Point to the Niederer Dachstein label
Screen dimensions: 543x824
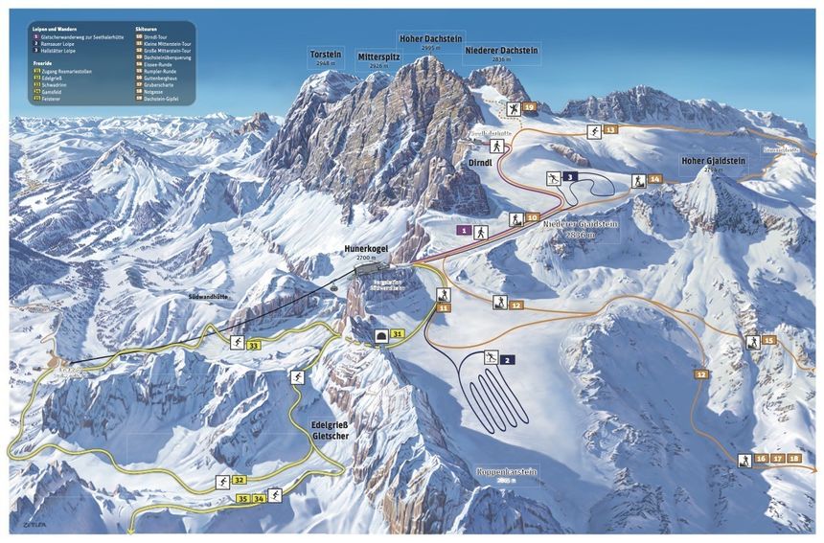coord(500,50)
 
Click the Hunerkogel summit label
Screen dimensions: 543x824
coord(367,250)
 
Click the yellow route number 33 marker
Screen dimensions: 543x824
coord(254,345)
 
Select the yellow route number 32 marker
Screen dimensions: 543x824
coord(240,480)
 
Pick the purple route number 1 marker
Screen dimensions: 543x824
coord(463,231)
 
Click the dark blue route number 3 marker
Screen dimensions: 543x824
coord(570,177)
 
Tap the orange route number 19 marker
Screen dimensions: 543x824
coord(530,108)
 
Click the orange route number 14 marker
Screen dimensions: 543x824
coord(655,178)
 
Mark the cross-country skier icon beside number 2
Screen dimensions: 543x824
coord(491,358)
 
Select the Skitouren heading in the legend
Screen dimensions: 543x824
coord(147,31)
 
